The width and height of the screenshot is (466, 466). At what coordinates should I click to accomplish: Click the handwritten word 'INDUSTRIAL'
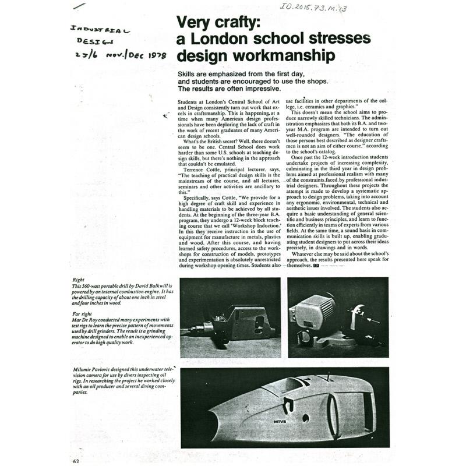[100, 29]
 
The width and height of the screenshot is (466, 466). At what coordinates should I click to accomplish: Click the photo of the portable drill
[230, 317]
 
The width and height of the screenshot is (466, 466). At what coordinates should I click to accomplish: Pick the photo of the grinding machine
[338, 317]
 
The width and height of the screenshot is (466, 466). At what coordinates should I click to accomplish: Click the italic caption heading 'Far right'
[82, 313]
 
